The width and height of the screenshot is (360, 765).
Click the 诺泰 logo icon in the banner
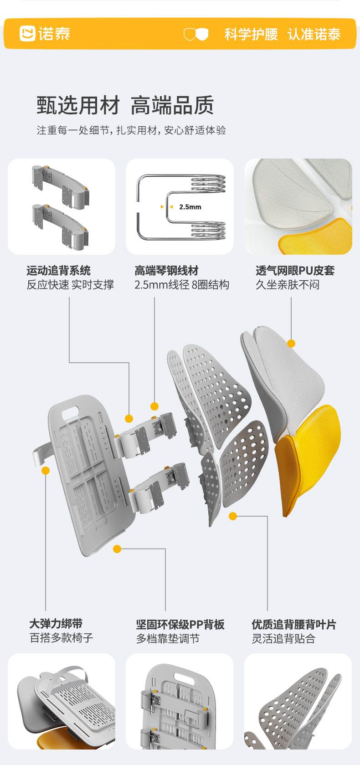pos(27,34)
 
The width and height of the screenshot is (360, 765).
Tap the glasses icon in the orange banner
pos(196,34)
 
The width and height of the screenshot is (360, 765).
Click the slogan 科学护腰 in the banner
pos(251,34)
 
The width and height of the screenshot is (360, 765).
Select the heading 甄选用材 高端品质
pos(125,105)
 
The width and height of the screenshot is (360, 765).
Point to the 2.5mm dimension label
pos(190,207)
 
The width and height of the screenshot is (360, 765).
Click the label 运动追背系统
pos(58,271)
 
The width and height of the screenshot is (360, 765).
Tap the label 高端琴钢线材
pos(166,271)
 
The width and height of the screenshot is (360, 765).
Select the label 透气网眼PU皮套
pos(295,271)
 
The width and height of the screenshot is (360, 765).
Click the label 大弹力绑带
pos(56,624)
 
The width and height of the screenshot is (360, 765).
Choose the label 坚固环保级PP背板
pos(180,624)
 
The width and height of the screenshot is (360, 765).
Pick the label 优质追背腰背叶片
pos(294,624)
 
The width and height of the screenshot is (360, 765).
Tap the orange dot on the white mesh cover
pos(291,343)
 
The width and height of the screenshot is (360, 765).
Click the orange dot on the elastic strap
pos(46,471)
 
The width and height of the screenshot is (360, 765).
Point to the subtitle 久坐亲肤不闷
pos(287,285)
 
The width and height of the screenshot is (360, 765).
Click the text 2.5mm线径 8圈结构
pos(181,285)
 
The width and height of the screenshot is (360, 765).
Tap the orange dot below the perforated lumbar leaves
pos(233,516)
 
